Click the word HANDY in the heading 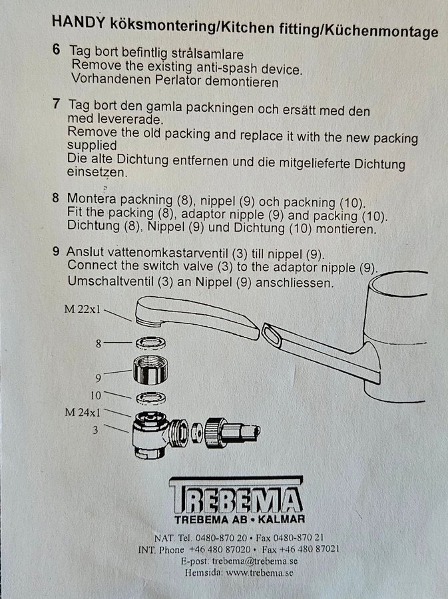79,22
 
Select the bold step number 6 57,49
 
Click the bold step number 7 57,103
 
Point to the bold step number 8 56,198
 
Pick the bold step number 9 56,251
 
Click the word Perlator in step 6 178,81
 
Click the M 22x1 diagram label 83,309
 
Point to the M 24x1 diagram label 83,412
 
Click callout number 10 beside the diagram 95,395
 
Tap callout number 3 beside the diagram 95,430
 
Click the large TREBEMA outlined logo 237,495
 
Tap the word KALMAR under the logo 281,519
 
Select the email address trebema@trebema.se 255,561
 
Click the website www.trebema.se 260,572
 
